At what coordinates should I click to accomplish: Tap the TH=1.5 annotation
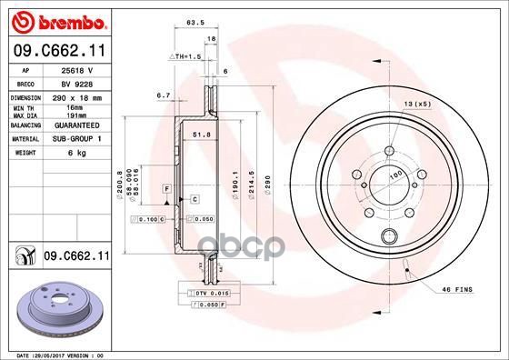pyautogui.click(x=187, y=56)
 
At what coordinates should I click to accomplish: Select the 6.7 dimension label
pyautogui.click(x=165, y=94)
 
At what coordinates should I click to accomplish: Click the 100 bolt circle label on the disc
pyautogui.click(x=395, y=173)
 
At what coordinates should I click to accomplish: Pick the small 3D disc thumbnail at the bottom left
pyautogui.click(x=55, y=312)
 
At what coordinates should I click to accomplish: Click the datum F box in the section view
pyautogui.click(x=167, y=187)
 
